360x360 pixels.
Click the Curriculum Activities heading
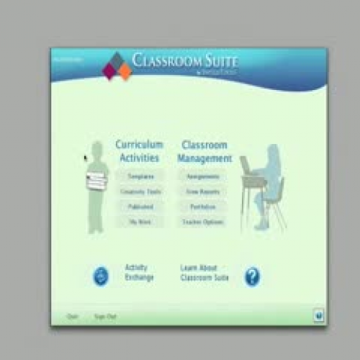click(140, 150)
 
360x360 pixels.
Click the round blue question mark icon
click(252, 276)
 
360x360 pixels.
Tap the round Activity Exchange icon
click(102, 276)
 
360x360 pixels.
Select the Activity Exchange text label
click(139, 272)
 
